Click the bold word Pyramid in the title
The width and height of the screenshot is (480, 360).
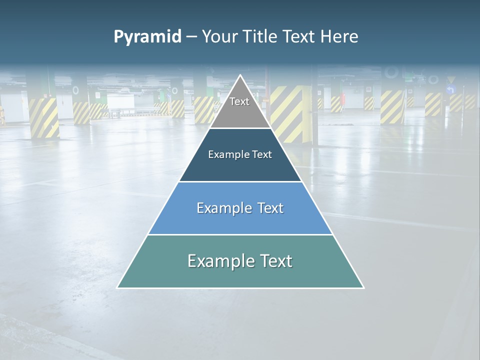(147, 37)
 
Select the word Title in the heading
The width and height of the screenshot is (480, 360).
(261, 37)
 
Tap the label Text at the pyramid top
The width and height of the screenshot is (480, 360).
(239, 102)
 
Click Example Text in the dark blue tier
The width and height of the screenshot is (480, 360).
(240, 155)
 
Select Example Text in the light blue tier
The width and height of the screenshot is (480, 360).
(240, 208)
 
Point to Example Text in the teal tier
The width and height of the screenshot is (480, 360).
(240, 261)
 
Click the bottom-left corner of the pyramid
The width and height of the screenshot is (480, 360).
(118, 287)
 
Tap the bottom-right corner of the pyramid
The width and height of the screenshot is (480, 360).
(363, 287)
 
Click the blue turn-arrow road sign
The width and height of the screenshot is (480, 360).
(451, 90)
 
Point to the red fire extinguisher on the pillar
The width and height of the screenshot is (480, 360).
(342, 98)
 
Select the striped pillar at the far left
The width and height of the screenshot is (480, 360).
(44, 117)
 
